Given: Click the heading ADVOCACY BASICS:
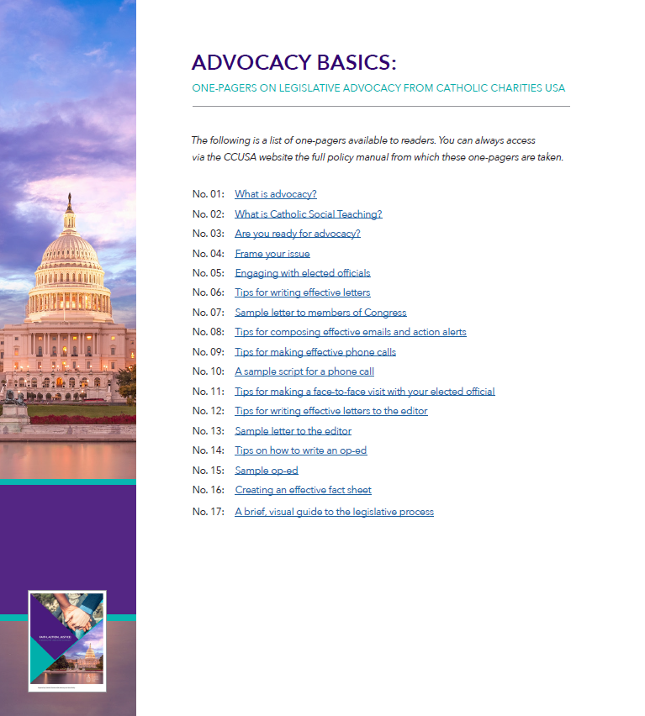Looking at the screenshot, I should (x=293, y=63).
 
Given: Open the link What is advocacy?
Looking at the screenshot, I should (x=275, y=194).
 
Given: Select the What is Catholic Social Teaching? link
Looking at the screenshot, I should (x=308, y=214).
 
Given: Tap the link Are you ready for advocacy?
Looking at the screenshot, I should (x=297, y=234).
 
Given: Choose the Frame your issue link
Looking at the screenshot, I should (x=272, y=254).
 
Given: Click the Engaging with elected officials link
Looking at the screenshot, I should (x=302, y=273).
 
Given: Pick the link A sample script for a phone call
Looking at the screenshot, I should (x=304, y=371).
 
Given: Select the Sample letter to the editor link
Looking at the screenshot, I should (x=293, y=431).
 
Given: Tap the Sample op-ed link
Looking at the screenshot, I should (x=266, y=471).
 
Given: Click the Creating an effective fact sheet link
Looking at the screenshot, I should (x=303, y=490).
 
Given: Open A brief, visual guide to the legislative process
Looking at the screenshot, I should (x=334, y=512).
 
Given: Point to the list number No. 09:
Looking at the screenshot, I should (x=208, y=352).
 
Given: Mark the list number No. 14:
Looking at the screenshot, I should (x=208, y=450).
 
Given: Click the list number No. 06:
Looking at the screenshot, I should (x=208, y=292).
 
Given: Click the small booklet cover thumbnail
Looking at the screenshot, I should (x=67, y=640).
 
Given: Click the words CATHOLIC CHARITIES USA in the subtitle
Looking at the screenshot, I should (x=500, y=88).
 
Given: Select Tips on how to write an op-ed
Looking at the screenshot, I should (x=300, y=450).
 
